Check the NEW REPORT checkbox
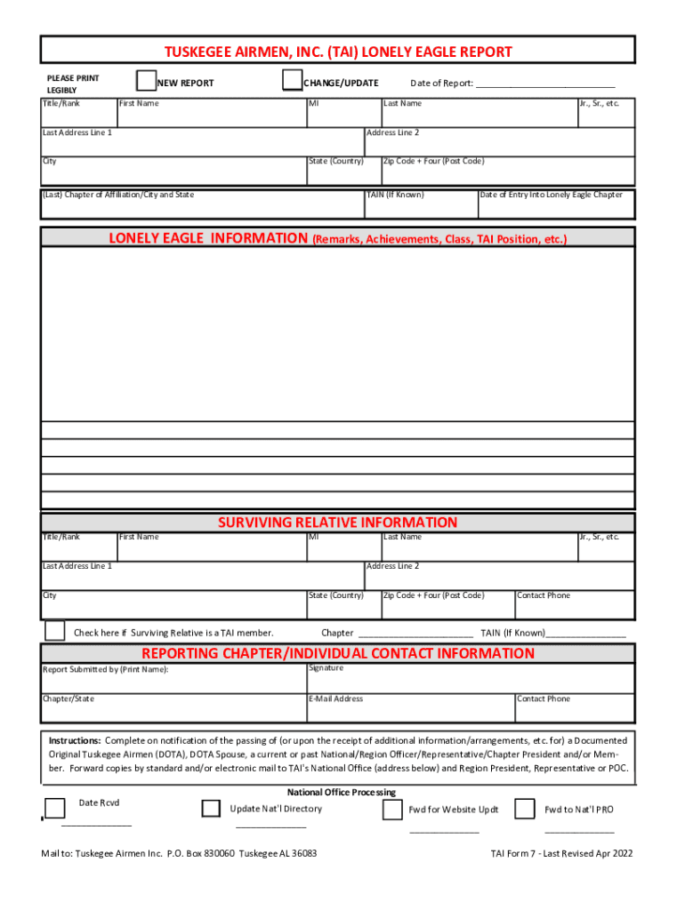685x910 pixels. click(146, 82)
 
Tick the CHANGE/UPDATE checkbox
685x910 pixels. click(292, 83)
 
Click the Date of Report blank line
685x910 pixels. click(545, 84)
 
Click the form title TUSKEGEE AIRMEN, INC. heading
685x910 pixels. click(336, 52)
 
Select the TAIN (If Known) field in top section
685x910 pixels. click(420, 205)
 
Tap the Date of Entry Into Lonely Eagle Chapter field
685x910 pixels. click(556, 205)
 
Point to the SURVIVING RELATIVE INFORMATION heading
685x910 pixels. click(337, 523)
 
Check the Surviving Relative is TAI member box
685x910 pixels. click(55, 631)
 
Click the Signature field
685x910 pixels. click(470, 681)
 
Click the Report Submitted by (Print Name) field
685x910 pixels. click(173, 681)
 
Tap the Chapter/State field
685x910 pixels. click(173, 710)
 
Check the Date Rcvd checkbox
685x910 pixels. click(55, 808)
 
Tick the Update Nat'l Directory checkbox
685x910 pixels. click(211, 808)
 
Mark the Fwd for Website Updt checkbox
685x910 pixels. click(392, 810)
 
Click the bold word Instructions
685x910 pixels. click(75, 740)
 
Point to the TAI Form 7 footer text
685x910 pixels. click(561, 853)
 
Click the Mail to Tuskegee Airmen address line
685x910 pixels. click(179, 853)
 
